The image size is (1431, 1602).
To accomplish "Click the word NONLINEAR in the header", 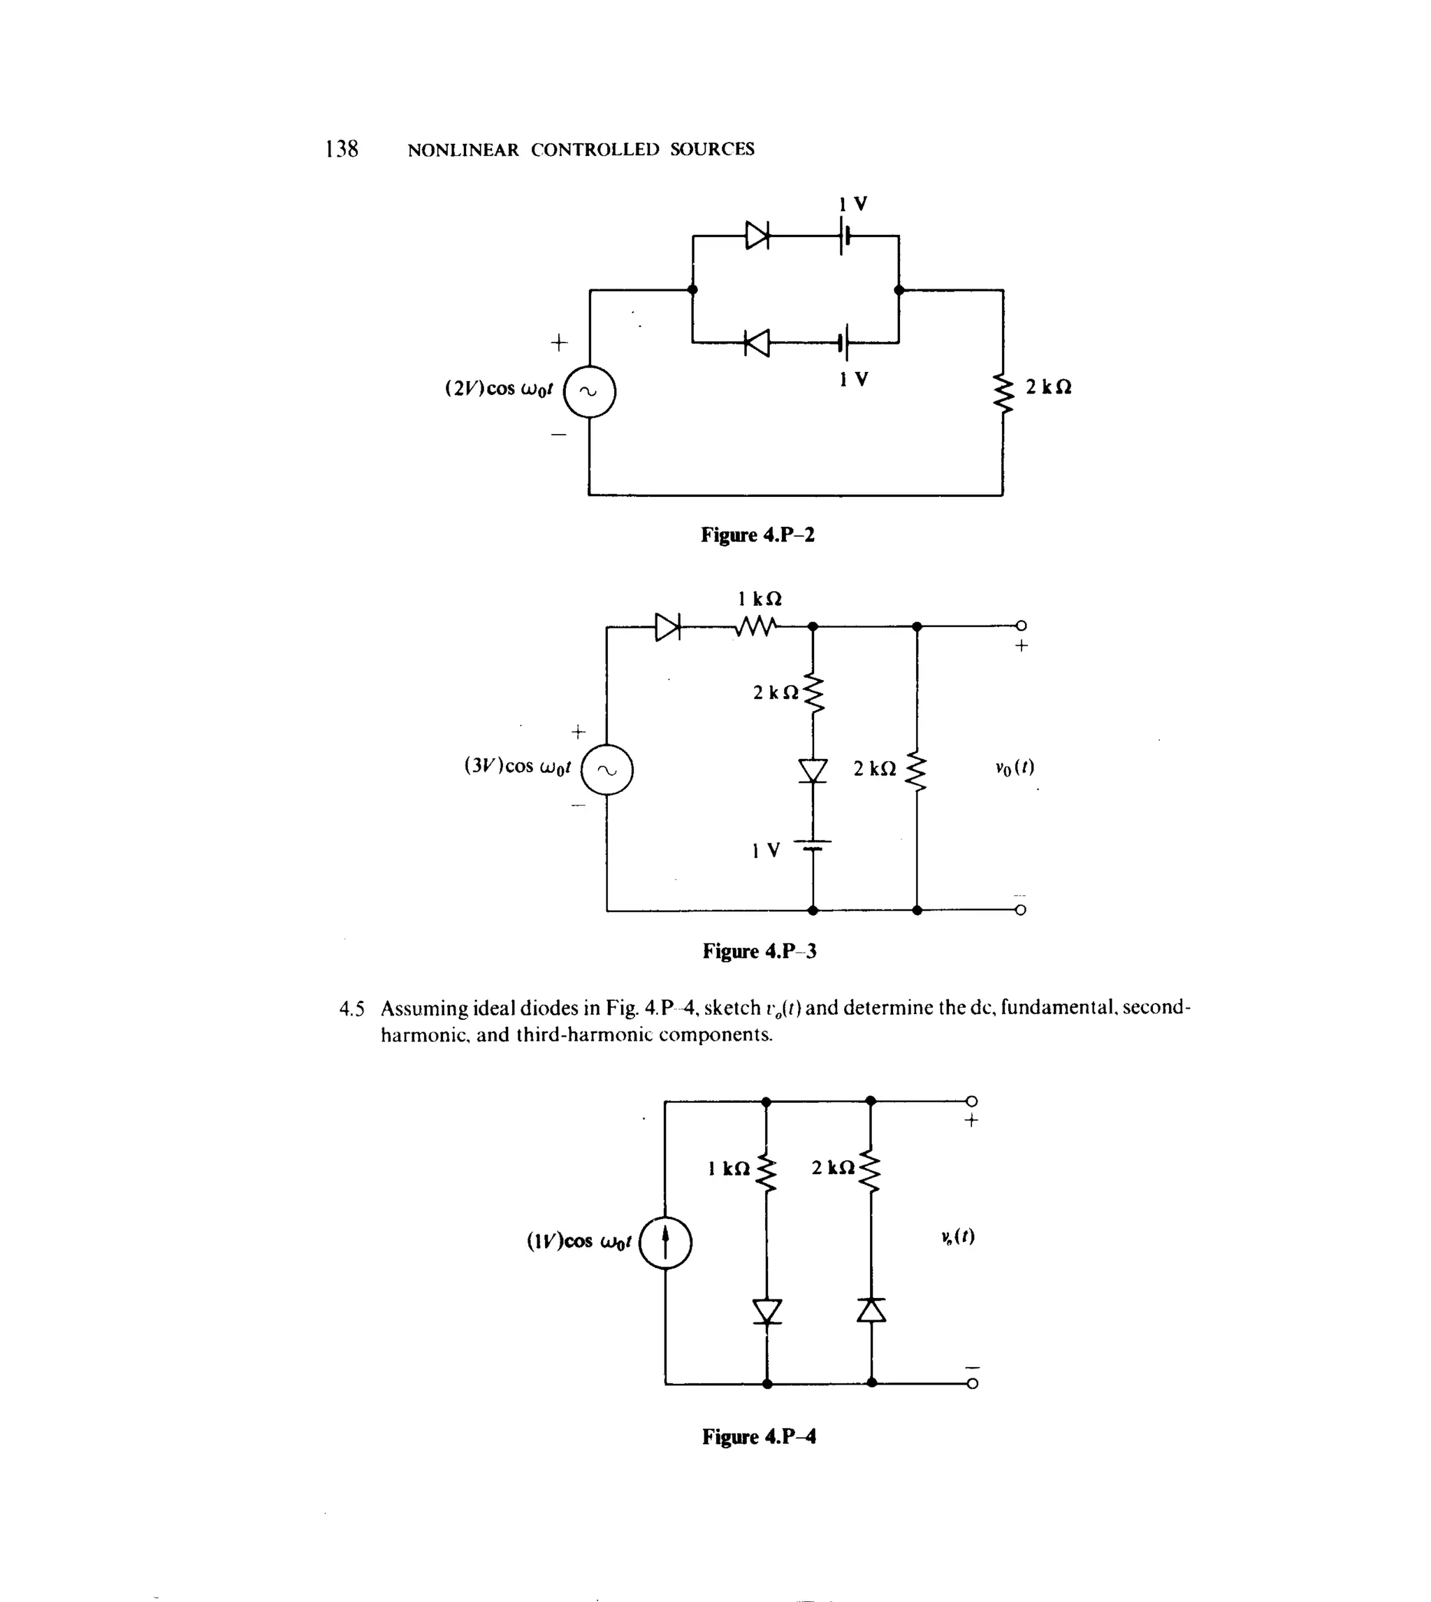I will [463, 150].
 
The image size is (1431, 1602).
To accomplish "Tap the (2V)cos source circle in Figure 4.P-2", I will [590, 391].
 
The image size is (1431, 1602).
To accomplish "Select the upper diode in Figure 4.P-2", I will [757, 234].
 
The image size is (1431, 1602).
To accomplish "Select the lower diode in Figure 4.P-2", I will [757, 342].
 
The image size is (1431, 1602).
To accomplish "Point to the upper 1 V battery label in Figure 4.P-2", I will [853, 203].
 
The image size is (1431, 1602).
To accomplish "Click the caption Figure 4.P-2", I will [758, 535].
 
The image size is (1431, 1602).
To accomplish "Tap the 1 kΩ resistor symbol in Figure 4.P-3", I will [757, 627].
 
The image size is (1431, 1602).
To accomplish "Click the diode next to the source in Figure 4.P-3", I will [667, 627].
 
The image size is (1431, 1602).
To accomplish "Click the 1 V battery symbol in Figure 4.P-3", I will [813, 846].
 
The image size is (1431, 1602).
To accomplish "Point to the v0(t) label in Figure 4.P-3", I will [1015, 767].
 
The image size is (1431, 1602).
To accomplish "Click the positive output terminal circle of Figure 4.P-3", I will [1021, 626].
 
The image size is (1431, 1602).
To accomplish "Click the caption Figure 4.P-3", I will [760, 951].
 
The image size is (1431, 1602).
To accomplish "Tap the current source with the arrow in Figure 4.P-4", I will [665, 1242].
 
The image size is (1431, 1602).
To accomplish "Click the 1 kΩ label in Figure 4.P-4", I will [729, 1169].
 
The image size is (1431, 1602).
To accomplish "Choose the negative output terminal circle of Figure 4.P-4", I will [972, 1384].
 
